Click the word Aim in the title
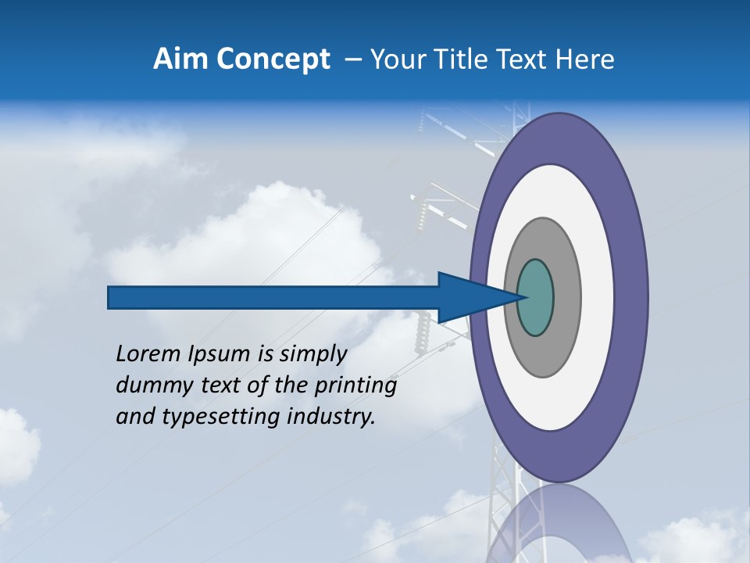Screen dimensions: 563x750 [x=180, y=59]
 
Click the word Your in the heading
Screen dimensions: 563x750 [x=396, y=59]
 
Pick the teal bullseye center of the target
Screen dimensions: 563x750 [x=536, y=298]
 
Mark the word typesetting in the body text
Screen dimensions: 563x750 [x=220, y=418]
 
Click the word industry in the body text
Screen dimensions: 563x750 [x=331, y=418]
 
